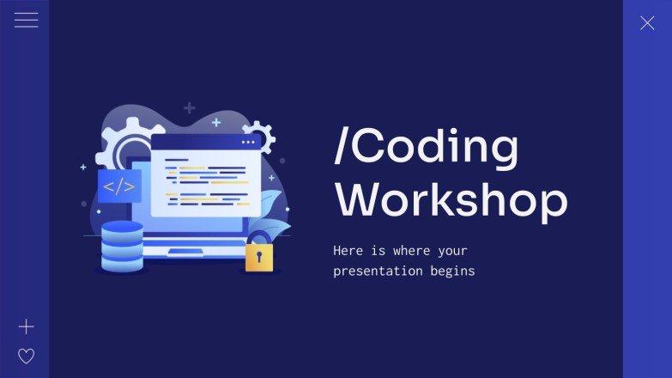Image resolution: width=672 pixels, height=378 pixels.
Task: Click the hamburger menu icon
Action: [26, 21]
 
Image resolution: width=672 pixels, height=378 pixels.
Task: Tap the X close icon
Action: [647, 23]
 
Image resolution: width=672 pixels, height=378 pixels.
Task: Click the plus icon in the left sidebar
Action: [27, 326]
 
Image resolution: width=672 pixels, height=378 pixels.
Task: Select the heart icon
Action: [27, 356]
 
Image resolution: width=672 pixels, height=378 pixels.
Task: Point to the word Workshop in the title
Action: [451, 200]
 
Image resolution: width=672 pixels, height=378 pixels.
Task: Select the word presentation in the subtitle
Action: [375, 271]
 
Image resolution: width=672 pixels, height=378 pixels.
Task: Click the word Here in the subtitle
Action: [348, 251]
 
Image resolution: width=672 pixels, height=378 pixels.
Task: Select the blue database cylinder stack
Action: [122, 247]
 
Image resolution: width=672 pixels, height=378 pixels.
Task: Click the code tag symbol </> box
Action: [118, 186]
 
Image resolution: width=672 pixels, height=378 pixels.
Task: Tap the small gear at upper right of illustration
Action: [259, 135]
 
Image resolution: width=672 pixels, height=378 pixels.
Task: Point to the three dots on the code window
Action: [248, 142]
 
